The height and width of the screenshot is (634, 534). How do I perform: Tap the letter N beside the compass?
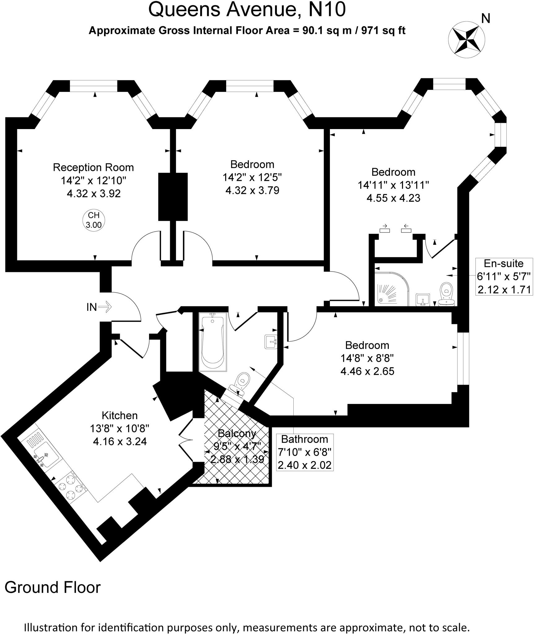[x=486, y=19]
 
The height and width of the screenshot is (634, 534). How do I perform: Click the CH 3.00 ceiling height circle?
[x=94, y=220]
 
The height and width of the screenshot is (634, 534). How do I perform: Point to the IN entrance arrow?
[x=105, y=307]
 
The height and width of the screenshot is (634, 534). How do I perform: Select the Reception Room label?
[x=93, y=167]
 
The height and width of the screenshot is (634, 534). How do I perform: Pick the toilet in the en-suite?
[x=446, y=294]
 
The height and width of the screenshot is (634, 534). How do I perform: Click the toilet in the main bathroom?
[x=240, y=384]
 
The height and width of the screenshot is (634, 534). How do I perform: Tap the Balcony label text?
[x=237, y=433]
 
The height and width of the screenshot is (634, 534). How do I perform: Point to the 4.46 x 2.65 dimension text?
[x=367, y=371]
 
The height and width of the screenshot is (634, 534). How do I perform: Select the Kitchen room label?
[x=120, y=415]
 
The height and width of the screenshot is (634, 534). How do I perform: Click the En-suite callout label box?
[x=504, y=276]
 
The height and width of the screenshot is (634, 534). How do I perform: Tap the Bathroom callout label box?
[x=304, y=452]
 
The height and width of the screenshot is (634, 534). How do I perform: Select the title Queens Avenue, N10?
[x=247, y=10]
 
